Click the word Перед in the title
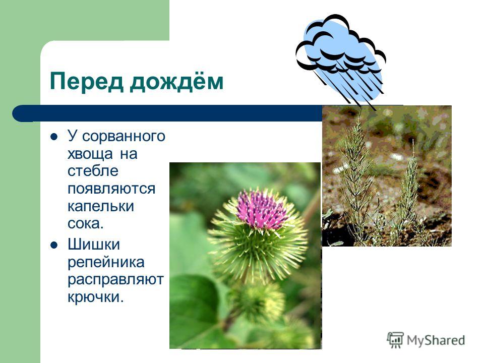click(x=86, y=82)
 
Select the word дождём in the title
click(x=176, y=82)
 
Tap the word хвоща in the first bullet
click(x=90, y=154)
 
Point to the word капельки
click(x=101, y=207)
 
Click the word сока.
click(x=85, y=223)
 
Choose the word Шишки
click(x=94, y=244)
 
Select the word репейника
click(x=106, y=263)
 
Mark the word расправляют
click(x=115, y=280)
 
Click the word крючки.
click(x=95, y=296)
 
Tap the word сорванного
click(x=124, y=136)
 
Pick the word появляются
click(x=111, y=189)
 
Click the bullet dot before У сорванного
click(x=54, y=137)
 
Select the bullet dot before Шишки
click(x=54, y=245)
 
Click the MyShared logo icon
click(x=395, y=340)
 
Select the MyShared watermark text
click(x=436, y=340)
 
